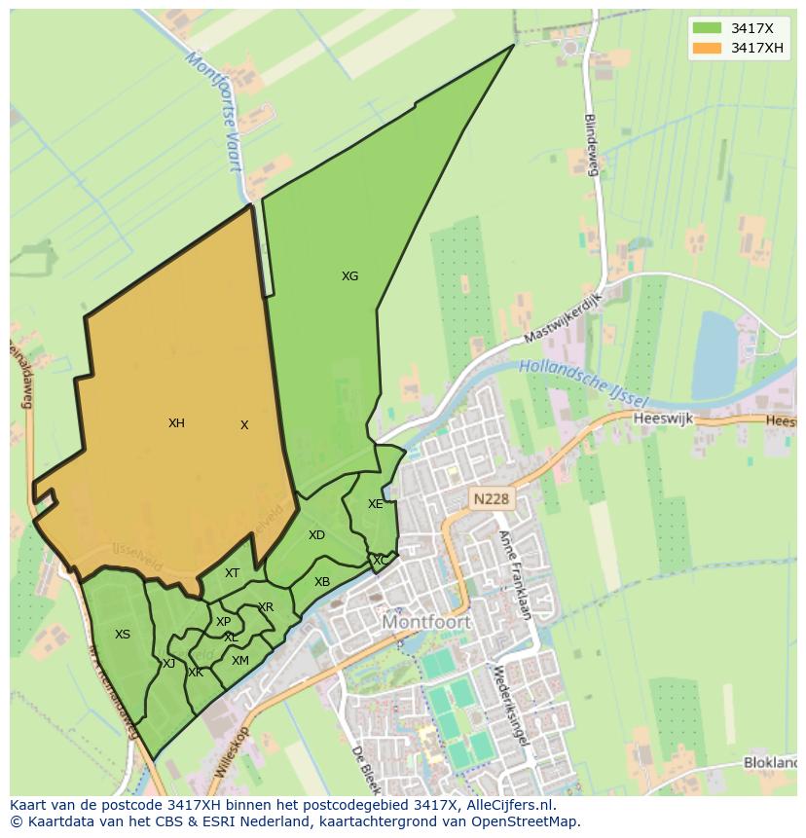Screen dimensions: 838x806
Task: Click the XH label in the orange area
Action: tap(176, 423)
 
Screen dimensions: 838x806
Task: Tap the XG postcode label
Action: tap(349, 276)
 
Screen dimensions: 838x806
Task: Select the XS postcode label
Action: tap(123, 635)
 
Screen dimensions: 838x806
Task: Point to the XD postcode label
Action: tap(316, 535)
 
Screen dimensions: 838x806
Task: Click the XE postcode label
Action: tap(376, 504)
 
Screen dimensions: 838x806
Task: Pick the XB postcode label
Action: tap(322, 582)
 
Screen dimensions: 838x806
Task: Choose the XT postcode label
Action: tap(232, 573)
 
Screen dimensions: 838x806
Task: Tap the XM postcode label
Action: tap(240, 661)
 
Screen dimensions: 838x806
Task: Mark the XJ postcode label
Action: tap(168, 664)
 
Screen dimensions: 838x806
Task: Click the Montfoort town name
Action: tap(426, 622)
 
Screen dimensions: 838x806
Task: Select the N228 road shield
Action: tap(491, 499)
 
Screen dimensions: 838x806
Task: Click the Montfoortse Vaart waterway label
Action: tap(214, 111)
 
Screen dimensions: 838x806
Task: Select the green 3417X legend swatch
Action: tap(708, 28)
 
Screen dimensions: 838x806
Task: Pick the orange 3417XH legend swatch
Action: tap(708, 48)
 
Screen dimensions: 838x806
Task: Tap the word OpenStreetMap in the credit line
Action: tap(526, 821)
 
